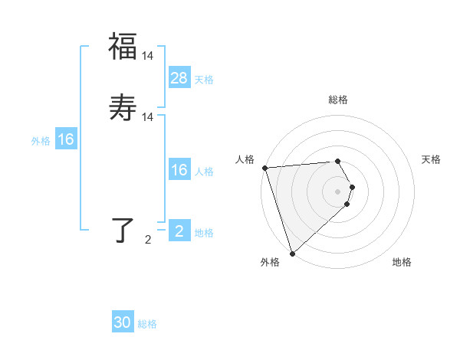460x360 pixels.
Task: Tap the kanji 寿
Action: tap(123, 107)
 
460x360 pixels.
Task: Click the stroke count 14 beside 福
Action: tap(148, 56)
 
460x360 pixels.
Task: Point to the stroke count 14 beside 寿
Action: tap(148, 117)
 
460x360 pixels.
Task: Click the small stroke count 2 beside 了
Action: tap(148, 240)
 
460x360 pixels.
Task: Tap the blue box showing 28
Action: tap(179, 78)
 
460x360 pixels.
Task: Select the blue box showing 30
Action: tap(123, 322)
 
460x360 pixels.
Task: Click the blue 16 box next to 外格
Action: tap(65, 139)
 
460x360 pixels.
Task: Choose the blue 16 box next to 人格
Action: tap(179, 170)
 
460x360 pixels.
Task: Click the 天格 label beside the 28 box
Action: tap(204, 80)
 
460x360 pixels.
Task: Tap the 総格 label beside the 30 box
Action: tap(147, 324)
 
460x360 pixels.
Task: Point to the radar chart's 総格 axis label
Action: tap(338, 100)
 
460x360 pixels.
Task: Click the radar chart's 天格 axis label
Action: tap(431, 159)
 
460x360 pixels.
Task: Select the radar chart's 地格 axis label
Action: tap(402, 262)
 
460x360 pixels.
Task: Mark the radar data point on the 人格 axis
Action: tap(264, 168)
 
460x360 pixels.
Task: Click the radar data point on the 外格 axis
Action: tap(292, 253)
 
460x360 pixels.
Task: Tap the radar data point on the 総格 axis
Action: tap(338, 161)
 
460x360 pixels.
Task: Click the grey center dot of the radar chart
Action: tap(338, 190)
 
